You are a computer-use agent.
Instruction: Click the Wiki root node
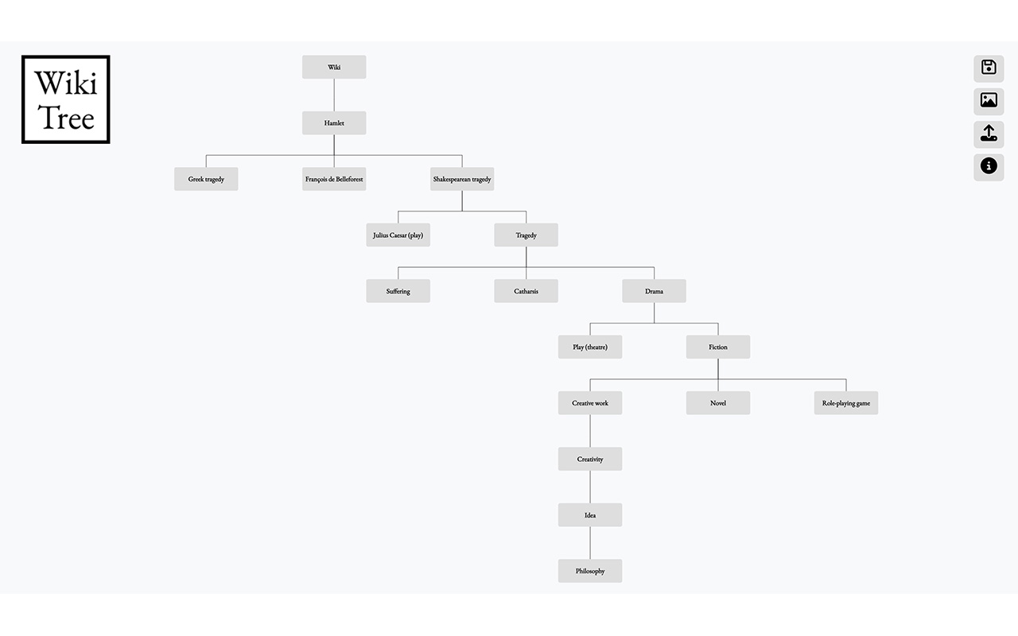(334, 68)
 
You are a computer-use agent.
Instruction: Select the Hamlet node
(334, 123)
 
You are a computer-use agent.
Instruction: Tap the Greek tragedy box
(206, 179)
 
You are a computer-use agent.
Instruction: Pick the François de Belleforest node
(334, 179)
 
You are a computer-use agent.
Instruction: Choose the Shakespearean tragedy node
(462, 179)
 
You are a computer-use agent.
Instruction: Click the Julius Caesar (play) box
(398, 235)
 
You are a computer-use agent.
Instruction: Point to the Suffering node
(398, 291)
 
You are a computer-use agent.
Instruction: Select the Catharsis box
(526, 291)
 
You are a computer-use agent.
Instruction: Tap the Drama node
(654, 291)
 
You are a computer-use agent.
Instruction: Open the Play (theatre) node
(590, 347)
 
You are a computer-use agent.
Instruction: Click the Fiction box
(718, 347)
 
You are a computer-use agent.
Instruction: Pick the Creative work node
(590, 403)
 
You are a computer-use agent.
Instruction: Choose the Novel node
(718, 403)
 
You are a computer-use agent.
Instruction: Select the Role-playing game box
(846, 403)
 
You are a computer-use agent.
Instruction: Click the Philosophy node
(590, 571)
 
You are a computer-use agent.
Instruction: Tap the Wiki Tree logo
(66, 99)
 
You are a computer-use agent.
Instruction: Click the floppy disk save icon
(989, 68)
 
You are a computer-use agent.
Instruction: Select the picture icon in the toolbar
(989, 100)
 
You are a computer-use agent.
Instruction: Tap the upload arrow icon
(989, 133)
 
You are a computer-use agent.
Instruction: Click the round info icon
(989, 166)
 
